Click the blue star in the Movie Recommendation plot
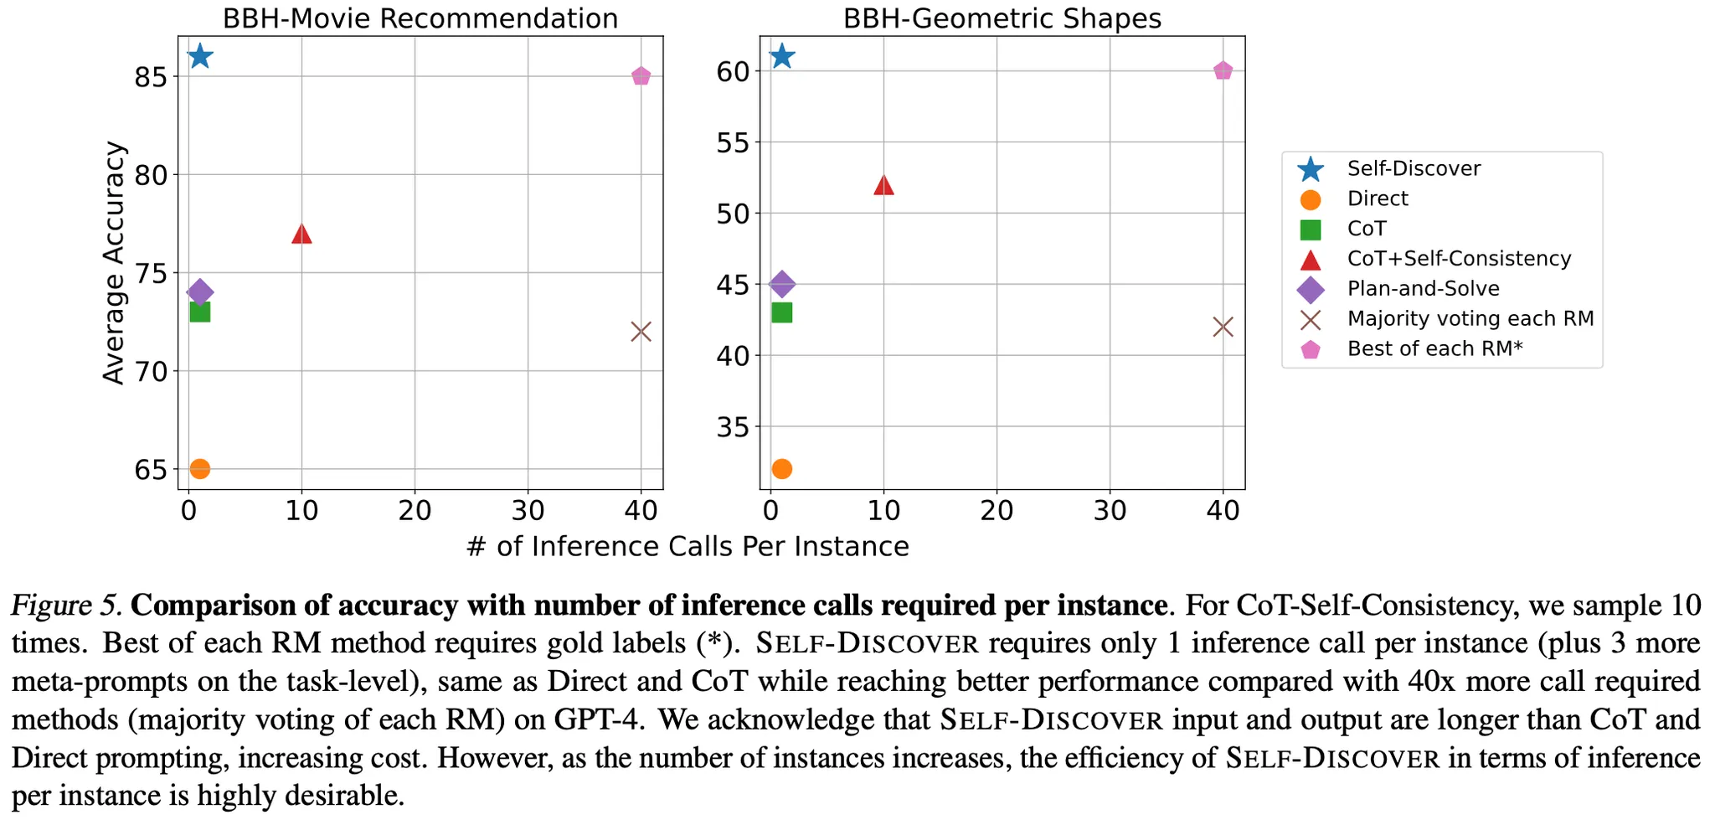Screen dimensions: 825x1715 pos(199,56)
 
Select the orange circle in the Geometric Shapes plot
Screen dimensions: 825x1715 pos(781,468)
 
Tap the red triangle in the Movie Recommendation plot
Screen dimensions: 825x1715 pos(301,234)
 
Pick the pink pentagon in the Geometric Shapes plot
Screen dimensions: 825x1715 pos(1223,70)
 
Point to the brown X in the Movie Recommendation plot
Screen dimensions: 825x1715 pos(641,332)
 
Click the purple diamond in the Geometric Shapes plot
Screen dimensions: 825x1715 pos(781,284)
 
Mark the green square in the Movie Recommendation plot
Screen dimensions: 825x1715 pos(199,312)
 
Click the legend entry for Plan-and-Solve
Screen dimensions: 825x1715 pos(1423,289)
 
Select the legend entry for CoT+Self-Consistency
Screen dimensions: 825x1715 pos(1458,259)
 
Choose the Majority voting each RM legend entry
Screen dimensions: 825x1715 pos(1470,319)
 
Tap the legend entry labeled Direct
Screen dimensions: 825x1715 pos(1378,199)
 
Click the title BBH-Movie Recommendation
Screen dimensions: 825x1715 pos(420,18)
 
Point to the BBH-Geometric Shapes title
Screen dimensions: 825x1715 pos(1002,18)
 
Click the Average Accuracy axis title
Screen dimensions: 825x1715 pos(114,262)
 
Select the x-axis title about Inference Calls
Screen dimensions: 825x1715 pos(687,547)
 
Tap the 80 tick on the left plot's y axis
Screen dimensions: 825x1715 pos(151,175)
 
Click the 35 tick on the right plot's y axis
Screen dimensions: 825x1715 pos(733,427)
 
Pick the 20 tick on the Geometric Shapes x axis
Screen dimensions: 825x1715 pos(997,510)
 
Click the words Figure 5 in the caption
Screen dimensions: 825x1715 pos(67,605)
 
